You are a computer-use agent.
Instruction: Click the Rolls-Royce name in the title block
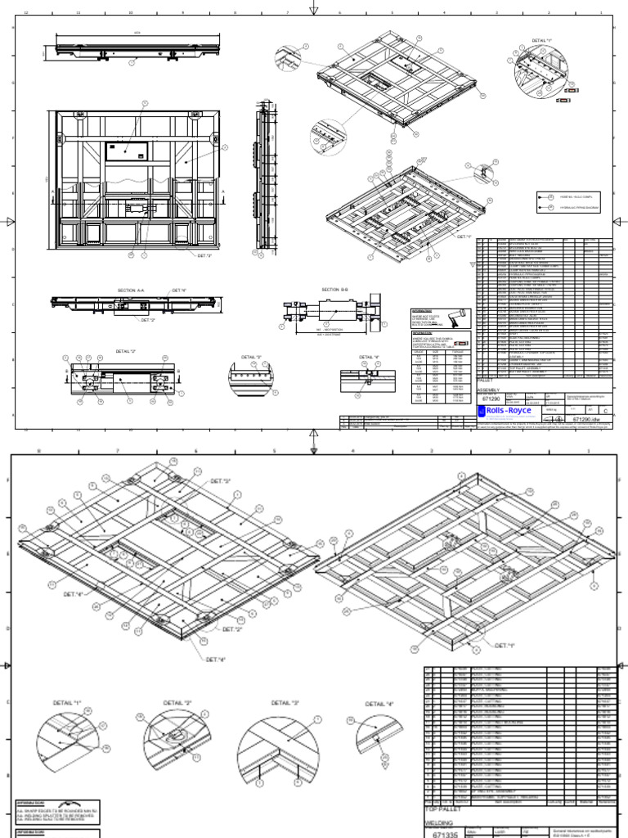point(509,410)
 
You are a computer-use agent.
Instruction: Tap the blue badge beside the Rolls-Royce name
point(481,410)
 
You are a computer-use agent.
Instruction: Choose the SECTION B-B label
point(336,290)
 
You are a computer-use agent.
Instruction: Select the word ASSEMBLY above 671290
point(489,390)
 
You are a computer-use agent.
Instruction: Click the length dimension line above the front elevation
point(137,34)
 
